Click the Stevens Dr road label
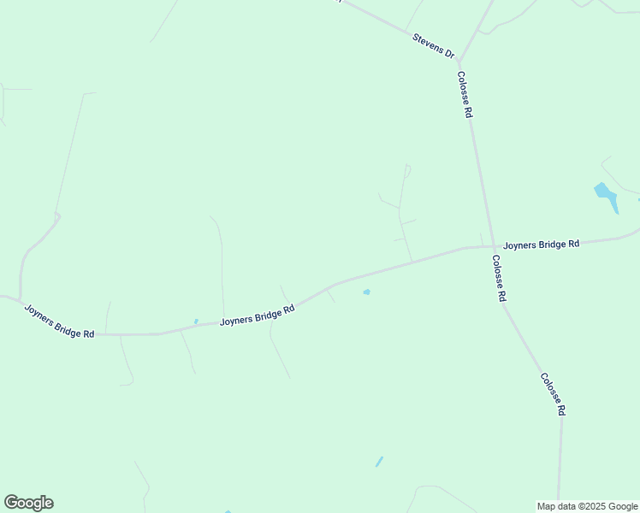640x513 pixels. pyautogui.click(x=434, y=45)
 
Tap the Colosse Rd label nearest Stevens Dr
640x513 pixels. pyautogui.click(x=464, y=94)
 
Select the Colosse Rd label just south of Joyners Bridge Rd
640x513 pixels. pyautogui.click(x=499, y=279)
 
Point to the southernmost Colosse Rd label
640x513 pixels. pyautogui.click(x=552, y=393)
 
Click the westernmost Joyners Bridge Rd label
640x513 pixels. pyautogui.click(x=59, y=321)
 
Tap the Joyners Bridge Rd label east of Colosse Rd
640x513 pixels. pyautogui.click(x=541, y=244)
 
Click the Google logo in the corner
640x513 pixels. pyautogui.click(x=28, y=503)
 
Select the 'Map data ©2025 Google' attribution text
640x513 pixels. pyautogui.click(x=587, y=506)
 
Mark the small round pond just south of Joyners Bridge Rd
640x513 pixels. pyautogui.click(x=366, y=292)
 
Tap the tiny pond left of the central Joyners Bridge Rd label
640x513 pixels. pyautogui.click(x=196, y=321)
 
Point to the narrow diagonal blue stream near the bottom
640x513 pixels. pyautogui.click(x=379, y=462)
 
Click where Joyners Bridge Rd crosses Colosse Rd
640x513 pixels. pyautogui.click(x=488, y=247)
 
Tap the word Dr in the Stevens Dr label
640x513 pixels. pyautogui.click(x=448, y=53)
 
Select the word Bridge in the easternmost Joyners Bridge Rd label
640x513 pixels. pyautogui.click(x=548, y=244)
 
